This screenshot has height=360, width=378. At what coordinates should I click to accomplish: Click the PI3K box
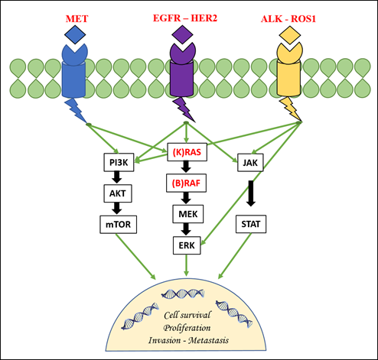[119, 162]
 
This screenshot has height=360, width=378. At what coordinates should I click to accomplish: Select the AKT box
[118, 193]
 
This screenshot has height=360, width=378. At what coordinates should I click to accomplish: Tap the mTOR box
[118, 225]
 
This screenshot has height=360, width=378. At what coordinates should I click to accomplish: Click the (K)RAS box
[187, 152]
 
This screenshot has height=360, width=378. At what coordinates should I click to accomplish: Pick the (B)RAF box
[186, 183]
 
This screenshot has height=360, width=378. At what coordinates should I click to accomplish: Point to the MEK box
[188, 214]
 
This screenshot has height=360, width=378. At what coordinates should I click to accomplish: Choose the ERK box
[187, 245]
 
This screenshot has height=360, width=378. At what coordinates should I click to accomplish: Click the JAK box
[250, 163]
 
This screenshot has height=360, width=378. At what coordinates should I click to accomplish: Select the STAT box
[251, 224]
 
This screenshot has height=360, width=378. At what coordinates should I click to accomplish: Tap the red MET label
[77, 19]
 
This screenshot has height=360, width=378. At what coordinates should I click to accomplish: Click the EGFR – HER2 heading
[185, 18]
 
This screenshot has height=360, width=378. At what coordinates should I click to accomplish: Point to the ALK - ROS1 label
[288, 19]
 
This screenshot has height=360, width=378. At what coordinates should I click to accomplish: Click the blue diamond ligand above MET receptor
[75, 35]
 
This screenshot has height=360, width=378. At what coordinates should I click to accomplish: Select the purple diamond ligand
[182, 35]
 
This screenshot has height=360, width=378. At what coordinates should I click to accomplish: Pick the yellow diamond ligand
[290, 35]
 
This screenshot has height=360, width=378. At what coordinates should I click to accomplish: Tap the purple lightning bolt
[184, 109]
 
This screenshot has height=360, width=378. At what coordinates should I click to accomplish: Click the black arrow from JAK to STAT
[251, 193]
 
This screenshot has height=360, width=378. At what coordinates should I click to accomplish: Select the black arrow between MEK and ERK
[186, 229]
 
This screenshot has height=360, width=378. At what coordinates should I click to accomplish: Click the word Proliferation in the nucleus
[187, 328]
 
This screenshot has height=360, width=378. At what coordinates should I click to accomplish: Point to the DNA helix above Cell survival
[183, 294]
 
